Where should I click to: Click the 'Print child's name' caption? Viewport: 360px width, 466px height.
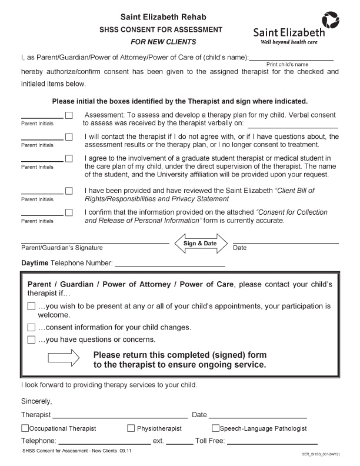point(288,64)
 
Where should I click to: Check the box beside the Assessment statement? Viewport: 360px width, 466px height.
point(69,115)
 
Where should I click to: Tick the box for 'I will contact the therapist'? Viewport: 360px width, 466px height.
point(69,137)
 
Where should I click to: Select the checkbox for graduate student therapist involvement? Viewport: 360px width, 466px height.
point(69,158)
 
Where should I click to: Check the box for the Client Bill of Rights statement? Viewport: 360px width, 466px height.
point(69,191)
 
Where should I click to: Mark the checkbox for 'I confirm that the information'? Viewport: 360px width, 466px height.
point(69,212)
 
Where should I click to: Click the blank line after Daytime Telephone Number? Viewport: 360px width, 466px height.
point(169,264)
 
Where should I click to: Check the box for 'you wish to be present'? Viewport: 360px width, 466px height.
point(31,307)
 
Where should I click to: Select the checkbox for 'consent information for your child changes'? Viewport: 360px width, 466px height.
point(31,327)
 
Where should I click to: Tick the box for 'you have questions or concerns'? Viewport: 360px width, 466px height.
point(31,339)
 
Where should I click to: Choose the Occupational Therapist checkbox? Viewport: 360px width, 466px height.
point(25,428)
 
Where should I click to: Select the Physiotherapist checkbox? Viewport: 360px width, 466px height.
point(131,428)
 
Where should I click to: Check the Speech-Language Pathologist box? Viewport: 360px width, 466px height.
point(215,428)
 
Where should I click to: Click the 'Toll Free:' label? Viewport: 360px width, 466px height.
point(210,441)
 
